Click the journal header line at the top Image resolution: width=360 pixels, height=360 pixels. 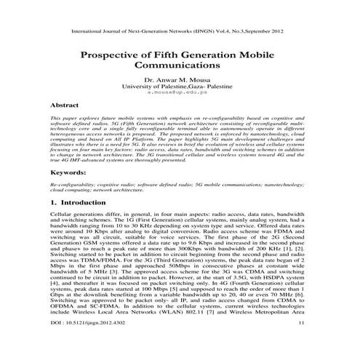[180, 33]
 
